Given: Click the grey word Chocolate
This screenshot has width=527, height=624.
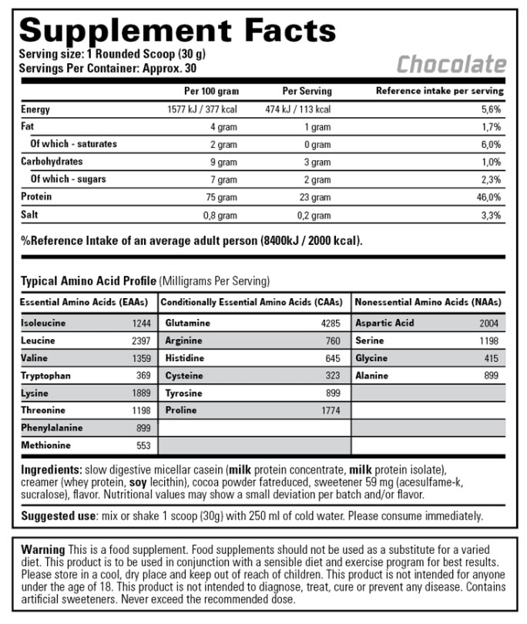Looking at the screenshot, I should [x=451, y=64].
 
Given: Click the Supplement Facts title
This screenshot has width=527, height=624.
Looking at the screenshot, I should [x=178, y=30].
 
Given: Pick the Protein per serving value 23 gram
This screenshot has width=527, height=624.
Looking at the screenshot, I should [x=316, y=197].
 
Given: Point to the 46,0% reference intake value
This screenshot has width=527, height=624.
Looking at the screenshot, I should [x=489, y=197].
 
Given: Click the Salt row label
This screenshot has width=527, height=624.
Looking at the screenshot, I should [x=30, y=215].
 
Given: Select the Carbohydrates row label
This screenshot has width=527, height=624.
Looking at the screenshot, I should [x=52, y=162].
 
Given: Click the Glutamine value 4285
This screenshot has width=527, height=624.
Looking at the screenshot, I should [x=329, y=324].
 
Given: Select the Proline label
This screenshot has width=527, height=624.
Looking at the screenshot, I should [x=180, y=411].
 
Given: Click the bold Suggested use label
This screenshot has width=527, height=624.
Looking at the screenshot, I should [x=57, y=515].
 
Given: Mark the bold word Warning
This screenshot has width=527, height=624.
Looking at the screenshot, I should [x=43, y=549].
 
